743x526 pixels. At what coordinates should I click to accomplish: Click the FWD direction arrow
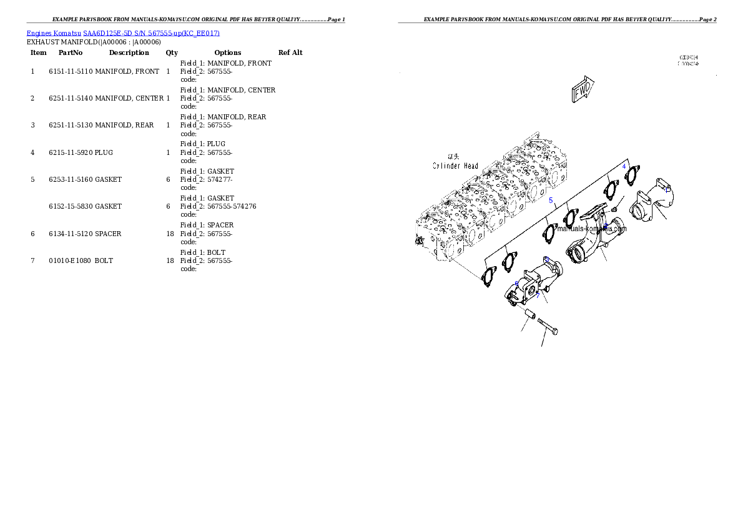(583, 89)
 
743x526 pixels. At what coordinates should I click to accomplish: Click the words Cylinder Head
(456, 166)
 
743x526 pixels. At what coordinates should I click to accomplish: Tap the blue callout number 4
(623, 166)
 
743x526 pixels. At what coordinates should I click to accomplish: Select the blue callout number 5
(551, 201)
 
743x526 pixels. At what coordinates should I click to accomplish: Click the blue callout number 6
(516, 284)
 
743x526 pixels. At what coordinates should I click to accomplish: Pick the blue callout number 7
(537, 295)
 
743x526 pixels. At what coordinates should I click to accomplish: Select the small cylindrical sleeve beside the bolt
(529, 312)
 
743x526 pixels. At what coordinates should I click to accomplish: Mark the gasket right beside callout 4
(632, 176)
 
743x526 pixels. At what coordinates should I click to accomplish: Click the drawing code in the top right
(689, 61)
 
